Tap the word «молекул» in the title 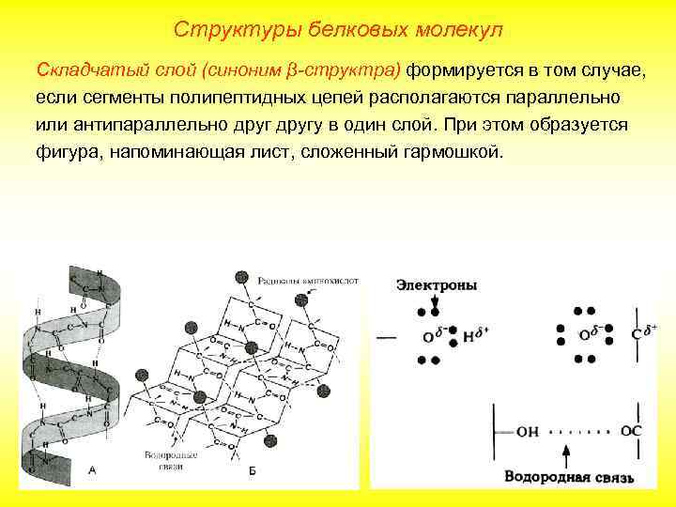(456, 30)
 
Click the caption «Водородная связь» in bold (568, 477)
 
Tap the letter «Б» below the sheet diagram (252, 469)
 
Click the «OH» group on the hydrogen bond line (527, 431)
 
